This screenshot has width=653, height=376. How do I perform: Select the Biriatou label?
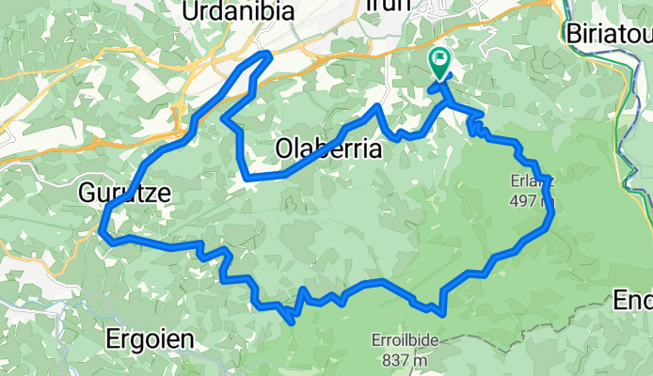point(609,33)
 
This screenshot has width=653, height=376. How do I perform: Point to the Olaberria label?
point(327,149)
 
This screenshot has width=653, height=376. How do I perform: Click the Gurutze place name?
point(125,194)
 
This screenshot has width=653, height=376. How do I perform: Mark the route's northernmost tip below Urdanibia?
point(268,55)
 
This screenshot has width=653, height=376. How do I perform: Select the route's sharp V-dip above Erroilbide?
point(438,309)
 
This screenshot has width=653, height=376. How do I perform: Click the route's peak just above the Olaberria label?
point(377,106)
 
